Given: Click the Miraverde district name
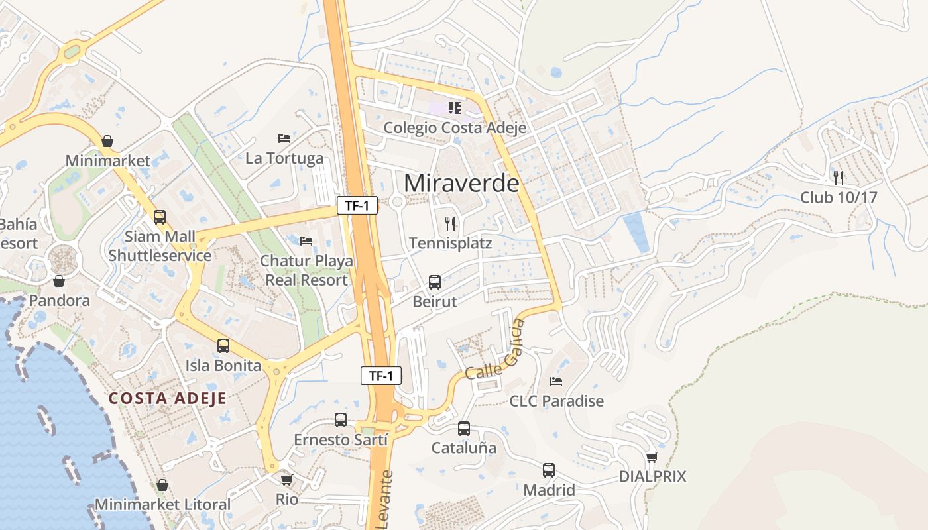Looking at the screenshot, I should pos(461,183).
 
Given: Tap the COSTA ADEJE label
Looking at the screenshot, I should pos(168,398).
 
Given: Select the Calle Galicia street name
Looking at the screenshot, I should pos(495,350).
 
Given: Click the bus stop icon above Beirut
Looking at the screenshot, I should pos(435,282).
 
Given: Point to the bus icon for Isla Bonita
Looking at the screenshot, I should pos(223,346).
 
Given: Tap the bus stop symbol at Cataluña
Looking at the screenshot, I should pos(464,429).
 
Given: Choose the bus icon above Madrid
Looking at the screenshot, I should pos(549,470).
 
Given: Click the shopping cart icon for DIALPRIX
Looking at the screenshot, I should pos(652,457).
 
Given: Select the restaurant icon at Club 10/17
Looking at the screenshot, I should pos(839,178).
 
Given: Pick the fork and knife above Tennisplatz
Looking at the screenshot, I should pos(451,224).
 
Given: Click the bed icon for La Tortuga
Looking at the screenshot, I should pos(284,138).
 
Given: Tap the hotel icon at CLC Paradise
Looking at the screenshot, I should pos(556,382).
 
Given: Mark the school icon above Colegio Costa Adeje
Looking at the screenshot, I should pos(455,107).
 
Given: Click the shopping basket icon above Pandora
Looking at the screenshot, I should pos(59,281).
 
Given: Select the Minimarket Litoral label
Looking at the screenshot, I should pos(163,504).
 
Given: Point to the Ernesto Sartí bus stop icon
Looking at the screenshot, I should pos(341,420).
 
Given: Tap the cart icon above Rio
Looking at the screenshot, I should pos(286,480).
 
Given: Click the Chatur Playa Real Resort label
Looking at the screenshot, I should pos(306,270).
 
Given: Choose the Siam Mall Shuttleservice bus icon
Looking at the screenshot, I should pos(160,217).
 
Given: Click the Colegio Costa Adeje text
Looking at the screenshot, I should pos(455,128).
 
